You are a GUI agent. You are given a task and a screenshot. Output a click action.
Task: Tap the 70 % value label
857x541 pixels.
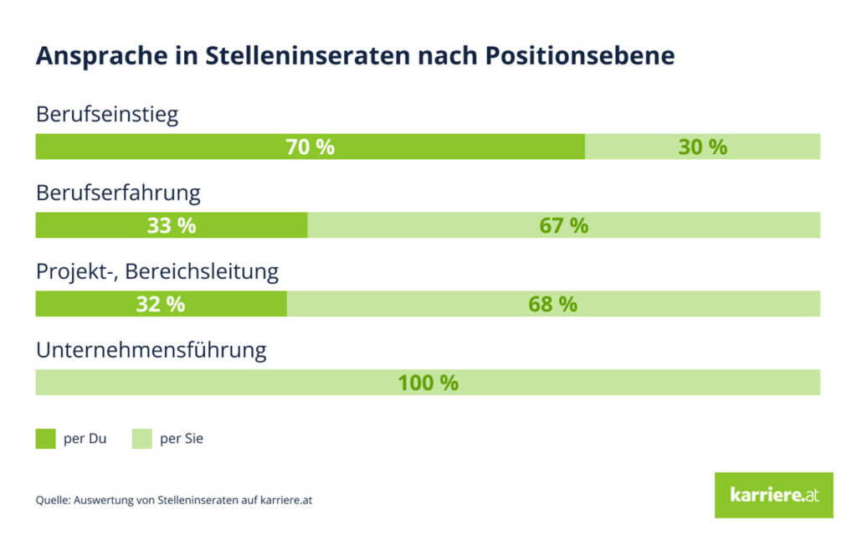310,147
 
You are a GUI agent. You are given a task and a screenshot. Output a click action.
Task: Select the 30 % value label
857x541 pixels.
702,147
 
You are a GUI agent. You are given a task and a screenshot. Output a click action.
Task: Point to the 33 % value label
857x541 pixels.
172,226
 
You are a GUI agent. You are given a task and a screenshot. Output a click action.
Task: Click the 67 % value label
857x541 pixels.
563,226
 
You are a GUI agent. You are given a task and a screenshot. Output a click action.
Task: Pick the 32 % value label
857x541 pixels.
161,305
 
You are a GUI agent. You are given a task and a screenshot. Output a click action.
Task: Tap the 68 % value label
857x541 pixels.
552,305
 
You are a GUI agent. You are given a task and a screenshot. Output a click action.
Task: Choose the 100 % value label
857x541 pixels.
428,384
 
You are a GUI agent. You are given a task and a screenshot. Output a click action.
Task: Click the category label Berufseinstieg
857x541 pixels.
107,115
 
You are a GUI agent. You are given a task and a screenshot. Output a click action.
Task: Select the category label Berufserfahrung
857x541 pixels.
118,193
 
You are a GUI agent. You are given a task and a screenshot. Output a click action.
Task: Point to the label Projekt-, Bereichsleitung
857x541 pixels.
157,272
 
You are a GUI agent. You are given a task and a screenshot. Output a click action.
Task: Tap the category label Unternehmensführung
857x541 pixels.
151,350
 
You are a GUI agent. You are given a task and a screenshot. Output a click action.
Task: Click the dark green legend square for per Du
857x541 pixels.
45,439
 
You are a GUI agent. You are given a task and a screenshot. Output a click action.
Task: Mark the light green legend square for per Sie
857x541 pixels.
142,439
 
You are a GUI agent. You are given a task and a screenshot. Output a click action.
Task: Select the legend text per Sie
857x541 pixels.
182,439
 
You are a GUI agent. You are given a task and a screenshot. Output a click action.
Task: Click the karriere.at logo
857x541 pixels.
773,495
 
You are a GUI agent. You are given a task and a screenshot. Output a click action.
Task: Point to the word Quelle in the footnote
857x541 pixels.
52,501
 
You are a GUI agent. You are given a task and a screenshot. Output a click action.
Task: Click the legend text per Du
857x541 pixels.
85,439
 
